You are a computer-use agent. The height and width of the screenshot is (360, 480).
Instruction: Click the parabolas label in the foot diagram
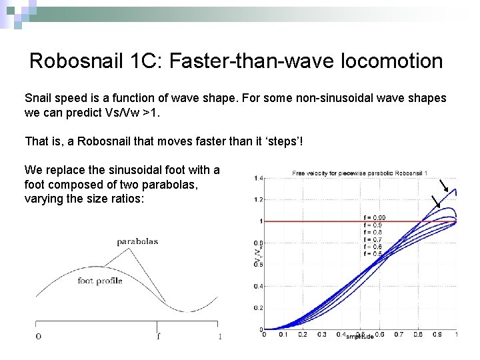tap(137, 241)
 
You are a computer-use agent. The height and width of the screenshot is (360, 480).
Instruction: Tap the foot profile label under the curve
tap(100, 281)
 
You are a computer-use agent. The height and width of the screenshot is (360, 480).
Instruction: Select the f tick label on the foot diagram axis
tap(158, 336)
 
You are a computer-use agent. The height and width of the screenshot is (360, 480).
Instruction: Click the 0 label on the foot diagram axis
tap(38, 336)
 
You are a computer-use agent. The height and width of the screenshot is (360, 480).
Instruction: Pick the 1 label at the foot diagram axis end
tap(220, 336)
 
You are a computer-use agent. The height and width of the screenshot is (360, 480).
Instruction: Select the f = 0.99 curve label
tap(374, 218)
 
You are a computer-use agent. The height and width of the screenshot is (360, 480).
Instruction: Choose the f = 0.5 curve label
tap(373, 254)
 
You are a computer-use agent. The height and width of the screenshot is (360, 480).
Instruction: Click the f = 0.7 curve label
tap(373, 239)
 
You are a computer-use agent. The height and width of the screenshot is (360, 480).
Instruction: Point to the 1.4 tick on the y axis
tap(257, 178)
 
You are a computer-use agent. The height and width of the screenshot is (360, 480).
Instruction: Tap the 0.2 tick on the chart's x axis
tap(302, 335)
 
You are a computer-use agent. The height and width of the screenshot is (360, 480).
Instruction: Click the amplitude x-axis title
tap(359, 337)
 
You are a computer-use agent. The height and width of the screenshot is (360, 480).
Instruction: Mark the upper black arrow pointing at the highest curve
tap(446, 186)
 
